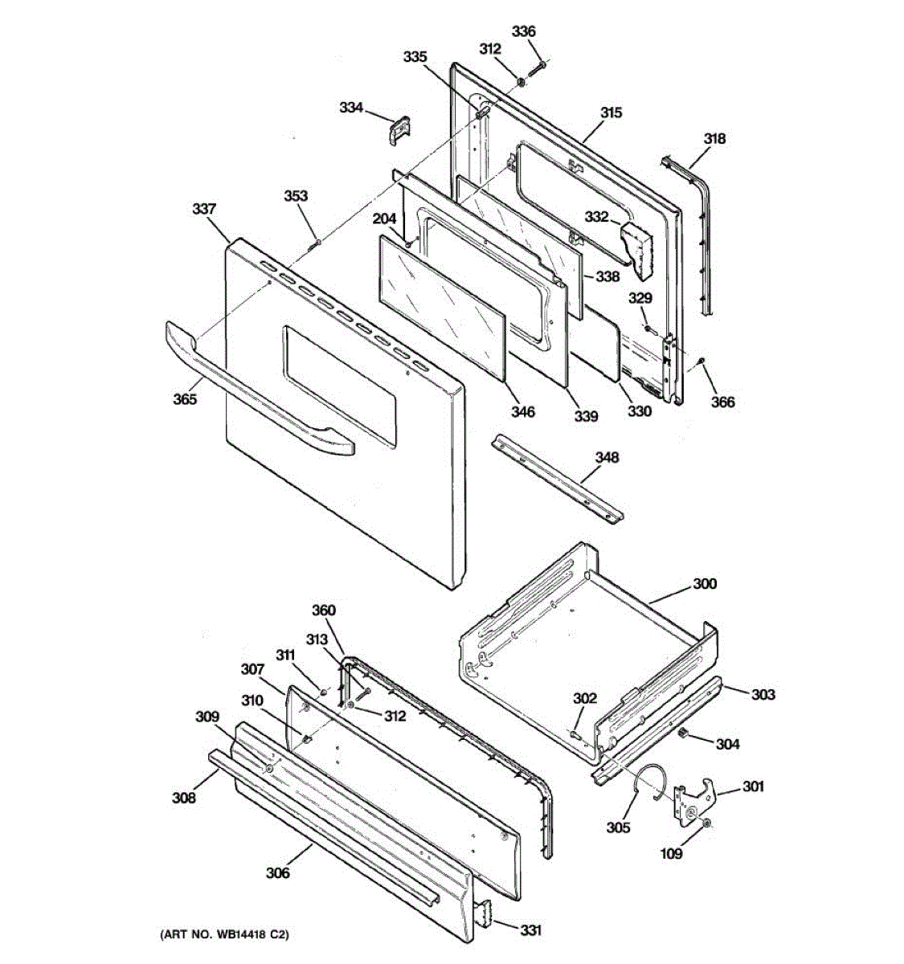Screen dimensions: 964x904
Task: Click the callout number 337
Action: pyautogui.click(x=204, y=209)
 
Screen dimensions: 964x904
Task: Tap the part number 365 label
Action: pyautogui.click(x=185, y=398)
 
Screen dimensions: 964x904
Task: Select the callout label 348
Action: pyautogui.click(x=607, y=457)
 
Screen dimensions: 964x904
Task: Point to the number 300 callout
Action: pyautogui.click(x=705, y=584)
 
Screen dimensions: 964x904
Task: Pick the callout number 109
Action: pyautogui.click(x=671, y=853)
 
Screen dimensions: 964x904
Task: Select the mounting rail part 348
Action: pyautogui.click(x=558, y=480)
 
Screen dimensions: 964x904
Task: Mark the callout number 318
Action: pyautogui.click(x=714, y=138)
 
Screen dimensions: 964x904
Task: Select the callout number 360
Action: pyautogui.click(x=323, y=611)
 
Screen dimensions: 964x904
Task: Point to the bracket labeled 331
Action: pyautogui.click(x=486, y=916)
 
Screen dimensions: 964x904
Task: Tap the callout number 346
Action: pyautogui.click(x=522, y=412)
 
